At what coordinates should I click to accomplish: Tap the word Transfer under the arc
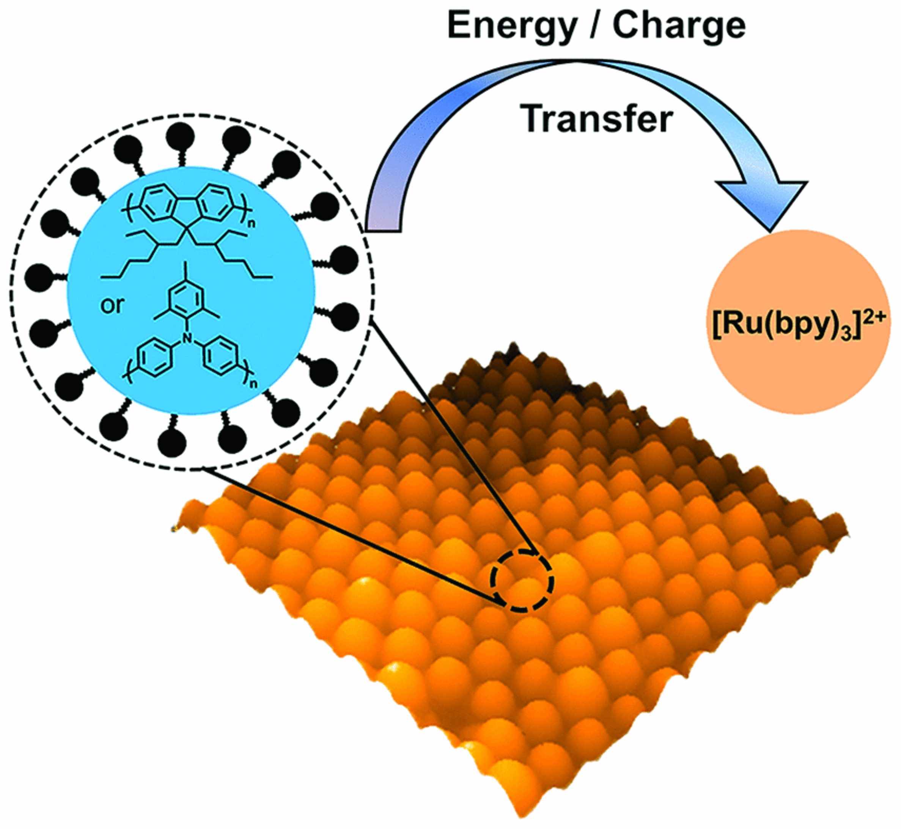pyautogui.click(x=597, y=119)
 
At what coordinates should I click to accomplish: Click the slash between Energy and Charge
pyautogui.click(x=595, y=26)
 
